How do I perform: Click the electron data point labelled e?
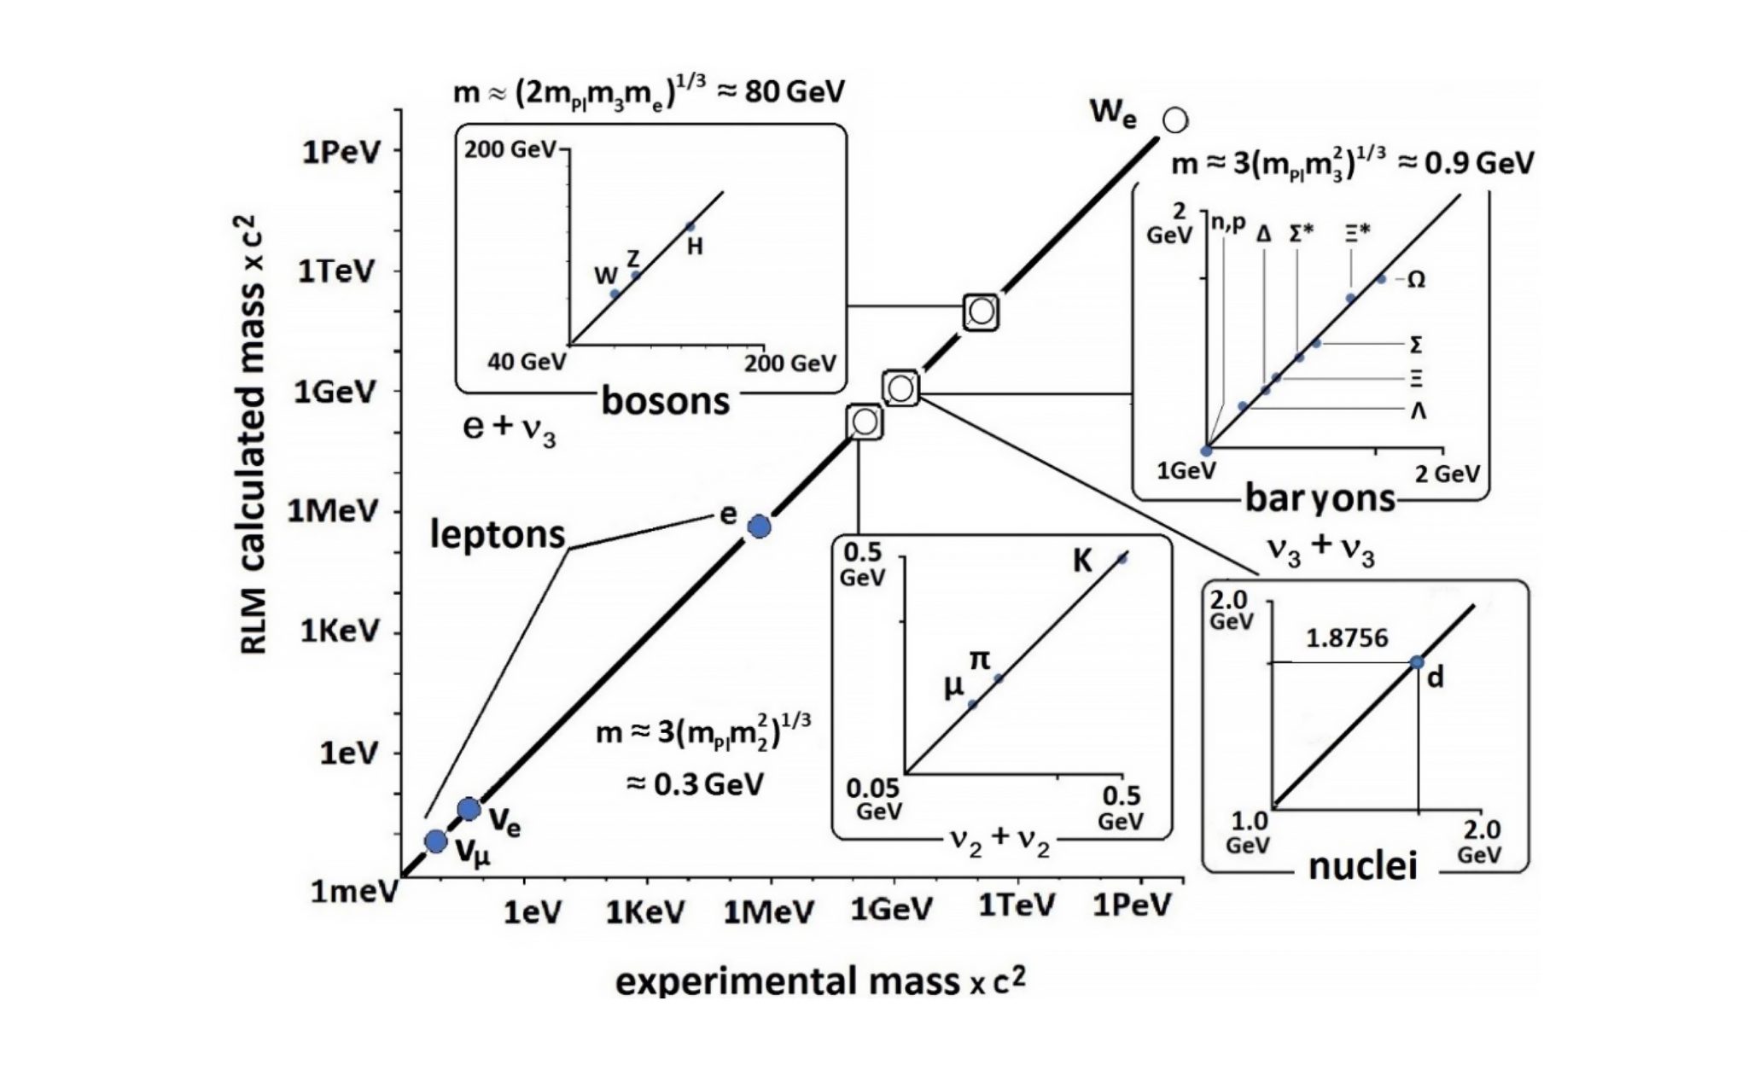(759, 527)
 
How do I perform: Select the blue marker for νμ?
(435, 841)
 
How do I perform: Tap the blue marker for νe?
(469, 809)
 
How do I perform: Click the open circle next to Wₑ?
(1175, 120)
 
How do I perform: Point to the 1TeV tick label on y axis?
(335, 272)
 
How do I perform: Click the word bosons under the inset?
(666, 401)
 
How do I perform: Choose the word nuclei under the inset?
(1363, 866)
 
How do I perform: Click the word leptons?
(498, 535)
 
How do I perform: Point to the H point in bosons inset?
(690, 226)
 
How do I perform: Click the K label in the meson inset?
(1081, 563)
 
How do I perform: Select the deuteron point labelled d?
(1417, 661)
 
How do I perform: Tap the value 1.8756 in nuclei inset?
(1348, 637)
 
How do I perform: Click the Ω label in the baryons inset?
(1415, 280)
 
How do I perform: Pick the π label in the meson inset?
(980, 659)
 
